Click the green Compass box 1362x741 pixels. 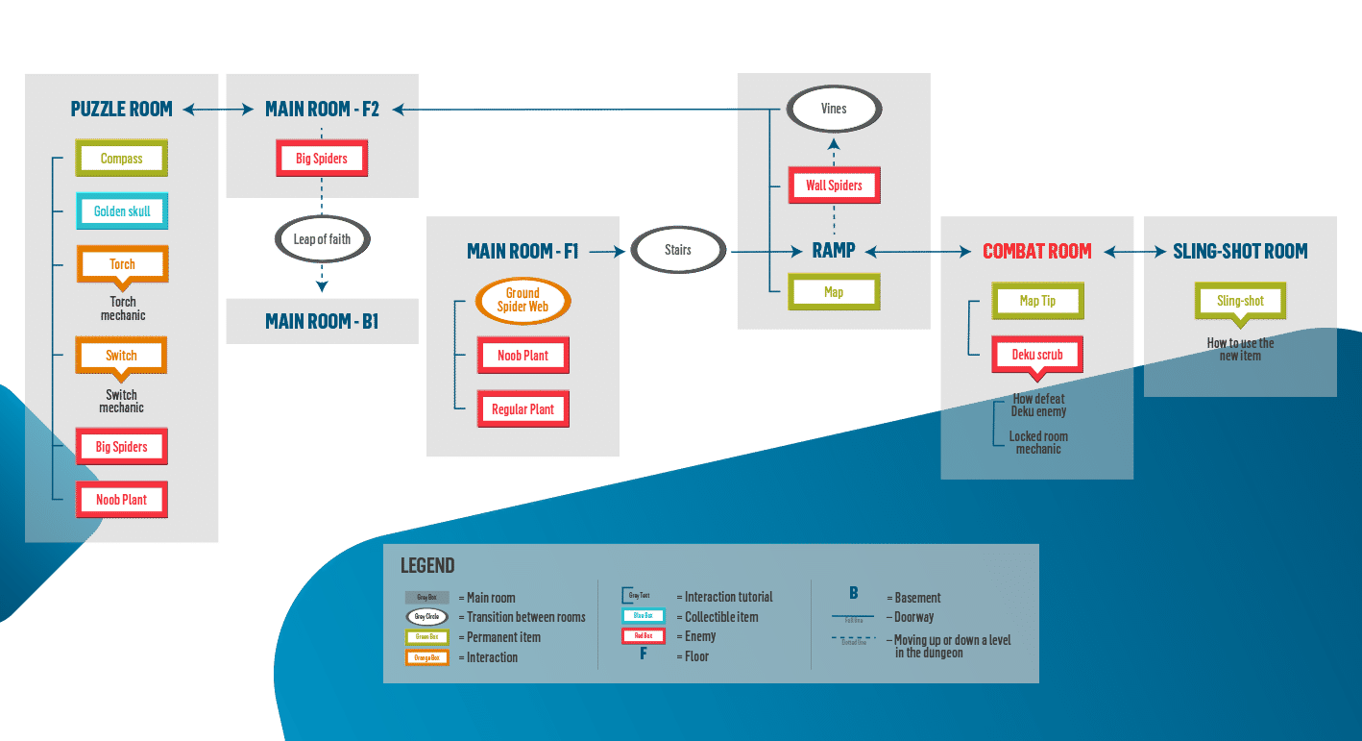click(122, 159)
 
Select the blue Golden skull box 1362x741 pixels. click(122, 211)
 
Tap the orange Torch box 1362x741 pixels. click(122, 264)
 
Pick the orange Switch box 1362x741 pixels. click(122, 356)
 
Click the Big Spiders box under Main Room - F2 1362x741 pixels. click(322, 159)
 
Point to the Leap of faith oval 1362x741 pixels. click(322, 239)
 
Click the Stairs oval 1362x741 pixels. click(678, 250)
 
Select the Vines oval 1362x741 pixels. click(834, 109)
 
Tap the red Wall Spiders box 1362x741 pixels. click(834, 185)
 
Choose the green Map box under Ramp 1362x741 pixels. click(834, 292)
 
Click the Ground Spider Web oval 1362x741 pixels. click(523, 300)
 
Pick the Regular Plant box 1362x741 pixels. click(523, 409)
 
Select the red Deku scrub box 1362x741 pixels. click(1037, 355)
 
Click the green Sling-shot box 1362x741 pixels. click(1240, 301)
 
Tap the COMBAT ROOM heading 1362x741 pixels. click(1036, 252)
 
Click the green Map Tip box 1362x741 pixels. click(1037, 301)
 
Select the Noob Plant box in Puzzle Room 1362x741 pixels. click(122, 500)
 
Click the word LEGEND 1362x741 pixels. click(427, 566)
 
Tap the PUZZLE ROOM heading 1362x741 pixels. click(122, 110)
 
